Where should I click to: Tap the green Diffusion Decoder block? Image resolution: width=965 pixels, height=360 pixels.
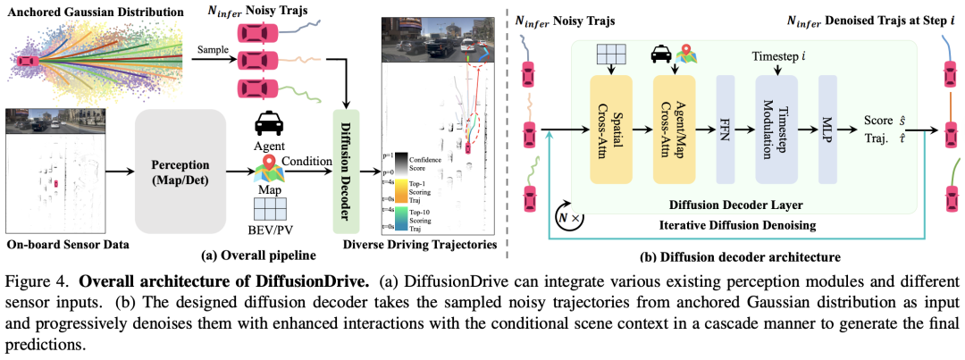tap(345, 171)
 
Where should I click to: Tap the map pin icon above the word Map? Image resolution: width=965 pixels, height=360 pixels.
tap(269, 166)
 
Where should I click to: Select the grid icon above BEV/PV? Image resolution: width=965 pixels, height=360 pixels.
tap(269, 209)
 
